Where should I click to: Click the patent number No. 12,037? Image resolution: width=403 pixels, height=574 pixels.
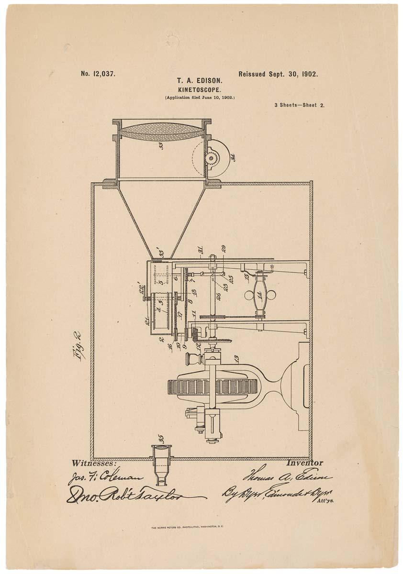pos(98,74)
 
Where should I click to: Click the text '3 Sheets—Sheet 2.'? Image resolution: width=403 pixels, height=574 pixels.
pos(299,105)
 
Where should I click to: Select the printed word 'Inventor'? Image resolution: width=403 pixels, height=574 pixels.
pos(304,463)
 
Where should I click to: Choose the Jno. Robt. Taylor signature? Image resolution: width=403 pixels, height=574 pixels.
pos(129,496)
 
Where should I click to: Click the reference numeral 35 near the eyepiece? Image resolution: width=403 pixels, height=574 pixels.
pos(161,438)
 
